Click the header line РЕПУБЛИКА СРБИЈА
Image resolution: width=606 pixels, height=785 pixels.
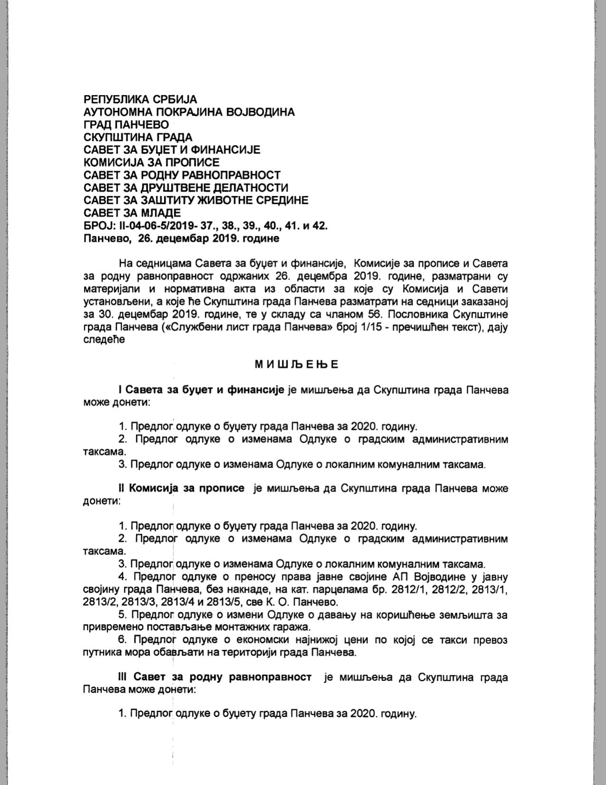point(140,99)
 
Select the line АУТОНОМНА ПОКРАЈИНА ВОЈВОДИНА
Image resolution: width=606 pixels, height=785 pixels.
point(189,112)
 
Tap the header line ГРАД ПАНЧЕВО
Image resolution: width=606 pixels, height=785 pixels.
point(126,125)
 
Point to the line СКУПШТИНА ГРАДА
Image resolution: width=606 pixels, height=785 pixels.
point(138,137)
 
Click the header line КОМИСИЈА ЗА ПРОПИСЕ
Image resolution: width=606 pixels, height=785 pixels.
point(151,163)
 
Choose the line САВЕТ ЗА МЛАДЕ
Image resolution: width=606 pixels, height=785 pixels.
point(132,213)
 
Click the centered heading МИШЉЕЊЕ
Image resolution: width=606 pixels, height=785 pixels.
point(296,365)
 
